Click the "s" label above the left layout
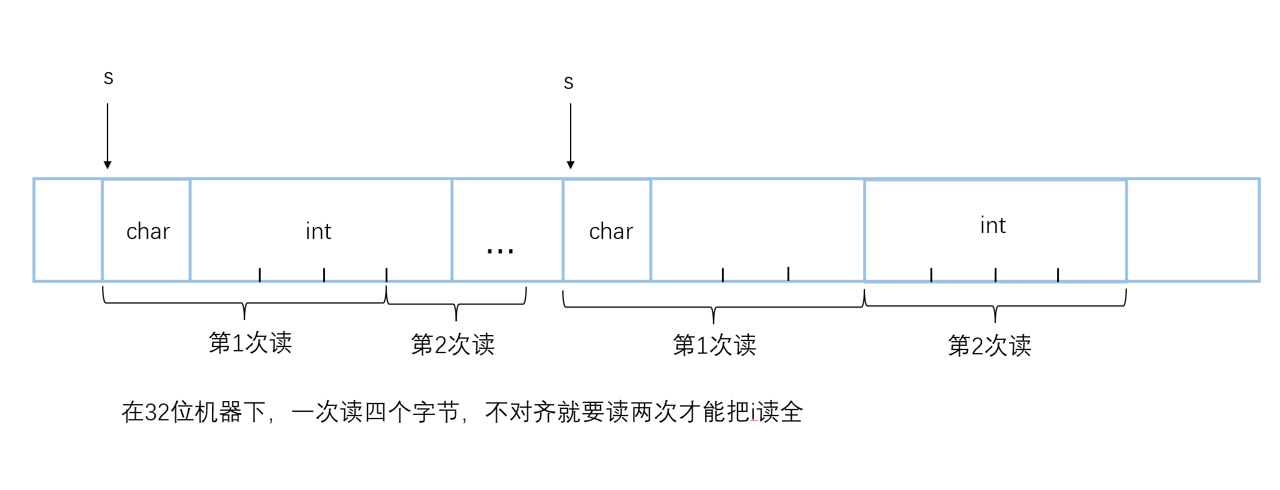click(109, 78)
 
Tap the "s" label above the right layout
click(569, 83)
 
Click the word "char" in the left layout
click(148, 231)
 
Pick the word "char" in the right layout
click(611, 231)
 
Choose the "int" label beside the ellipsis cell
click(318, 231)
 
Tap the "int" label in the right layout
click(993, 225)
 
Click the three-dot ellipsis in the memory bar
click(500, 250)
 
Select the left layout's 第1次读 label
click(250, 343)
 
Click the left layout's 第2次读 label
click(452, 345)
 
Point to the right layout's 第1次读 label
click(714, 345)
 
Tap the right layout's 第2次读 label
click(989, 346)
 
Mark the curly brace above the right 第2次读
click(995, 306)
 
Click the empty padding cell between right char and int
click(757, 230)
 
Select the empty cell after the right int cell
click(1192, 230)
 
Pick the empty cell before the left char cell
click(68, 230)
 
